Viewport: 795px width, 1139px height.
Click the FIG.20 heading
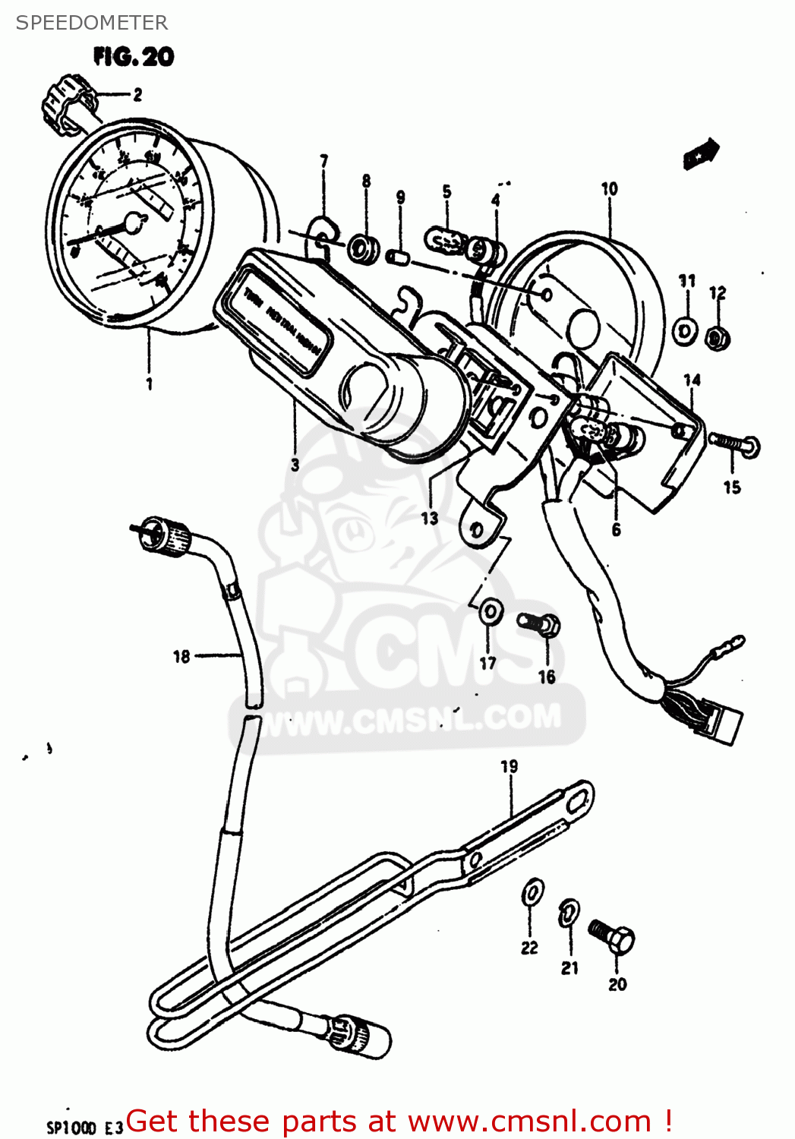134,57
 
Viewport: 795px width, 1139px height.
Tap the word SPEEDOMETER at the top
91,23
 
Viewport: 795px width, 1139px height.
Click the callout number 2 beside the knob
137,95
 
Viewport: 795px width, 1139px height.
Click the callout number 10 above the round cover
609,189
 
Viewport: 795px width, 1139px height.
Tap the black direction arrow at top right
700,153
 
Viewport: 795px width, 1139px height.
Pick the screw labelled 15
734,443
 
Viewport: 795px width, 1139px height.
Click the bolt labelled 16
540,625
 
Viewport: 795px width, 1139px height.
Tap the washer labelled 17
491,611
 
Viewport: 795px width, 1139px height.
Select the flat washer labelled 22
532,892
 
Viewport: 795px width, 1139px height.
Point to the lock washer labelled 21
569,913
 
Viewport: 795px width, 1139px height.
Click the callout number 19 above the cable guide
509,767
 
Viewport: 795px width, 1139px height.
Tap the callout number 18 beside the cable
181,657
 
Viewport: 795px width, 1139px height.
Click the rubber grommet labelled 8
362,249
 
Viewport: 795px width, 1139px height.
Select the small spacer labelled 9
398,257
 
